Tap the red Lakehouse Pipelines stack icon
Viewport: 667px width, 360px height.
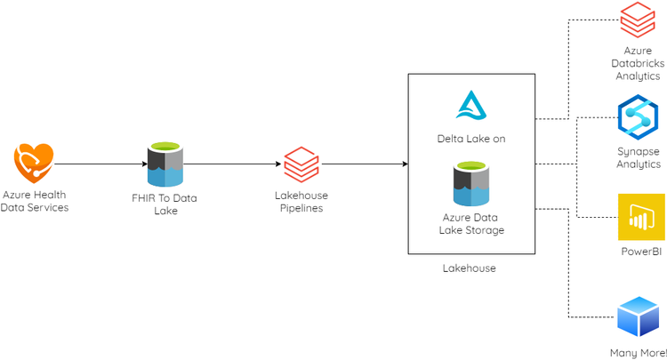click(x=301, y=164)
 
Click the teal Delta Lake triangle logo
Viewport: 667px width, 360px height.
click(x=471, y=105)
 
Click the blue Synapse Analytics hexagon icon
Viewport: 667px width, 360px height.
click(x=637, y=117)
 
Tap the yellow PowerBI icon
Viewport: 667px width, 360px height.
click(x=641, y=216)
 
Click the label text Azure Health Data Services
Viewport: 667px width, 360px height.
click(x=35, y=201)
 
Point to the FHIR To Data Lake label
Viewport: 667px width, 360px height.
click(x=165, y=204)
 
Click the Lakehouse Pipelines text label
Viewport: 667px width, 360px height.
click(x=301, y=202)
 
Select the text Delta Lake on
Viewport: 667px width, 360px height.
click(x=471, y=139)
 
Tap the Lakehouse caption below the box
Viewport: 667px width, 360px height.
click(x=469, y=268)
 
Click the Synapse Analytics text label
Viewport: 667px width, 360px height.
click(x=639, y=157)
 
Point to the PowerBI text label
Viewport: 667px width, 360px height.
click(x=641, y=252)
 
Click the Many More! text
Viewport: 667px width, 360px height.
click(x=638, y=353)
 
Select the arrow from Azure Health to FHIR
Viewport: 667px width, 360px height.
click(x=98, y=164)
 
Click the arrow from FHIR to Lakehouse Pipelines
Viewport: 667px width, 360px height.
click(x=231, y=164)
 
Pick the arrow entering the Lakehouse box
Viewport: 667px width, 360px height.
click(x=365, y=164)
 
